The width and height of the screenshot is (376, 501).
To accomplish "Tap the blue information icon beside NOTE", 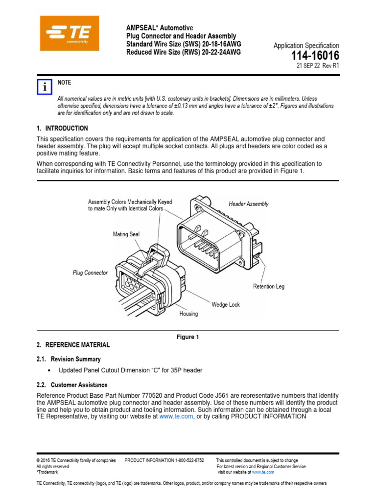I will pyautogui.click(x=44, y=87).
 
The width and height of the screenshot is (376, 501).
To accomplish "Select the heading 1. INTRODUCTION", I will pyautogui.click(x=62, y=128).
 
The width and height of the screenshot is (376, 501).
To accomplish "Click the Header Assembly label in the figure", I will pyautogui.click(x=249, y=204).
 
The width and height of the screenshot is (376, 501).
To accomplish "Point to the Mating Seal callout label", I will pyautogui.click(x=126, y=234).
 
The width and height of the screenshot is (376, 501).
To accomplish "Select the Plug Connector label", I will pyautogui.click(x=90, y=273).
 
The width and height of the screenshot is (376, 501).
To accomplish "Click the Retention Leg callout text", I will pyautogui.click(x=268, y=286).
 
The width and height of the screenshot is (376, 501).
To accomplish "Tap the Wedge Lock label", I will pyautogui.click(x=226, y=304).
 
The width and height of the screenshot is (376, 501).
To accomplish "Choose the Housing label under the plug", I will pyautogui.click(x=188, y=314).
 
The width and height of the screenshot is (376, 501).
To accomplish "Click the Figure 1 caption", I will pyautogui.click(x=188, y=337).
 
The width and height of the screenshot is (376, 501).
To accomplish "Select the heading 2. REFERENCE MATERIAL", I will pyautogui.click(x=73, y=345).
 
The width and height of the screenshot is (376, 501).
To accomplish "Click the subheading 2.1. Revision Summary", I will pyautogui.click(x=69, y=359).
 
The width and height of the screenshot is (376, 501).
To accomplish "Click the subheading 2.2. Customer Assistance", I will pyautogui.click(x=72, y=385).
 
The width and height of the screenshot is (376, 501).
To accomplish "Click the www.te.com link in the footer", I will pyautogui.click(x=263, y=472).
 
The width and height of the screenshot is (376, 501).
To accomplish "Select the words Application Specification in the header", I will pyautogui.click(x=306, y=46).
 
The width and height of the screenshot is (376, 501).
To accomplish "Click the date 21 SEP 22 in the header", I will pyautogui.click(x=311, y=66).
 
